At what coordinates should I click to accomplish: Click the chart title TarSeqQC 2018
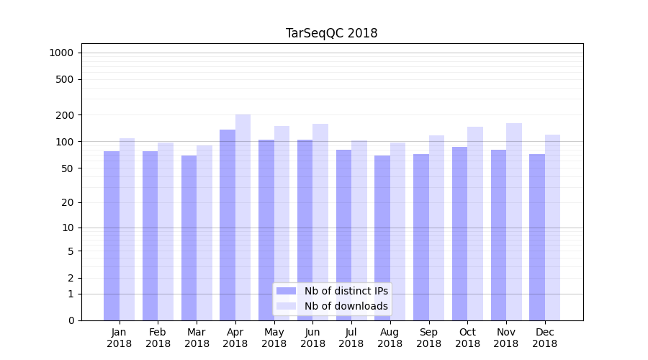(x=331, y=33)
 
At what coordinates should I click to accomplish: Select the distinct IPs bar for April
(x=228, y=225)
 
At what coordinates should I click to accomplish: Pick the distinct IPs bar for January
(x=112, y=235)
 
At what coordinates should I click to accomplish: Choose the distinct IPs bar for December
(x=537, y=237)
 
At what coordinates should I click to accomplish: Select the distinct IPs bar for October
(x=459, y=233)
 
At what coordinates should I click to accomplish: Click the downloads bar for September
(x=436, y=228)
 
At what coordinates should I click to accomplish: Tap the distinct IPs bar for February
(x=150, y=235)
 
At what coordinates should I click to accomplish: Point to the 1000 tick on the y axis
(x=61, y=53)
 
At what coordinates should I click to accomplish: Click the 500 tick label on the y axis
(x=64, y=79)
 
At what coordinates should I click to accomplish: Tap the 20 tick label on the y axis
(x=67, y=202)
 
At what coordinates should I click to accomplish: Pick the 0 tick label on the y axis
(x=71, y=320)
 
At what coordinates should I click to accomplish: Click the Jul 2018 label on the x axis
(x=351, y=338)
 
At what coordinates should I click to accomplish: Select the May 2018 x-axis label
(x=274, y=338)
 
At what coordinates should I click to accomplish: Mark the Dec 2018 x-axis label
(x=545, y=338)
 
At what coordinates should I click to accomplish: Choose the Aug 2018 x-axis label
(x=390, y=338)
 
